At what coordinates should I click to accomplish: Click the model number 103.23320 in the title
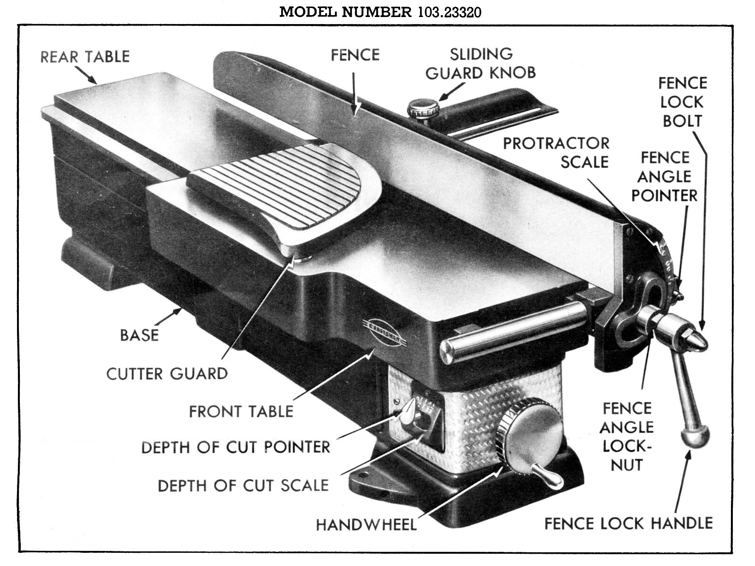click(449, 12)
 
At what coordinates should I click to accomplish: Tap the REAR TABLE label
click(85, 57)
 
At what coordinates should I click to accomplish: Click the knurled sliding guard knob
click(421, 108)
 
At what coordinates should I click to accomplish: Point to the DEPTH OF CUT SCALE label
click(243, 485)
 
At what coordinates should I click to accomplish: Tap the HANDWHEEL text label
click(366, 524)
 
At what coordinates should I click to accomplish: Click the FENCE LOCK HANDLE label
click(628, 523)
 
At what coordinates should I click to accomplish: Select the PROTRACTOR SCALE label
click(556, 152)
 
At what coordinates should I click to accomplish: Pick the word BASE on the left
click(139, 335)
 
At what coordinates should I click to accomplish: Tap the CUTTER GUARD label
click(167, 373)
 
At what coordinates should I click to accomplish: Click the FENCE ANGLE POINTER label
click(664, 176)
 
